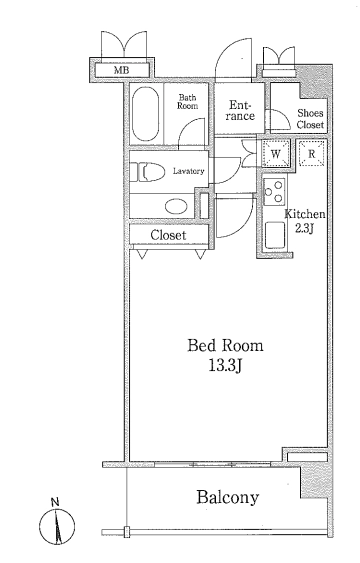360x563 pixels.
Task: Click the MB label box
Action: tap(122, 70)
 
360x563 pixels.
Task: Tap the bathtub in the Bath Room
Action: tap(145, 114)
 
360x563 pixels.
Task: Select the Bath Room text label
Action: tap(187, 102)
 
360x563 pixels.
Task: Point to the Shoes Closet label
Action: tap(310, 119)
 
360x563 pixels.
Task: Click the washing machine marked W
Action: tap(276, 154)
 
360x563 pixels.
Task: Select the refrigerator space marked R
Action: tap(312, 153)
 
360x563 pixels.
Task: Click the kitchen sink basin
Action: tap(275, 235)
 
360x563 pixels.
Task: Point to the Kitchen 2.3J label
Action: tap(305, 221)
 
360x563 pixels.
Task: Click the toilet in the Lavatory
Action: tap(147, 172)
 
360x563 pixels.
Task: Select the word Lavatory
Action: tap(188, 171)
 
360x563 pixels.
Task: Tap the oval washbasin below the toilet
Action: tap(176, 206)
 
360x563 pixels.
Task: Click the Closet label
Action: tap(168, 235)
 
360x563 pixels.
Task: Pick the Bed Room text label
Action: tap(225, 345)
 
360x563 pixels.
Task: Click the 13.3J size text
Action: tap(224, 366)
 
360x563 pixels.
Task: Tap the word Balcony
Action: tap(228, 497)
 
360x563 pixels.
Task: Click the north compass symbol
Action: tap(57, 526)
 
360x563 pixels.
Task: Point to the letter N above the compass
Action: tap(55, 502)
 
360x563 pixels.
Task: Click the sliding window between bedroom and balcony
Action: tap(212, 464)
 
